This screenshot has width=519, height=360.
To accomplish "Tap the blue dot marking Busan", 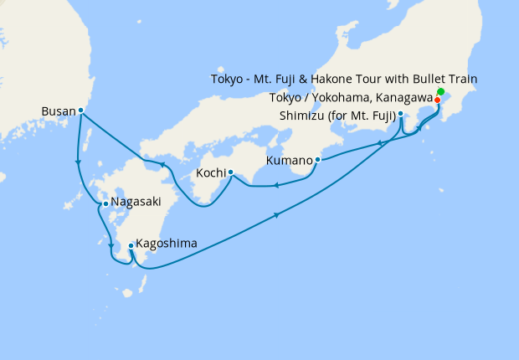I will pos(80,110).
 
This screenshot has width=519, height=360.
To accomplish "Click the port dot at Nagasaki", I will pos(105,203).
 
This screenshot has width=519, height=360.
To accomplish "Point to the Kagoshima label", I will pos(167,244).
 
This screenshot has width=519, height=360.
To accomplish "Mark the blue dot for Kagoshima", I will pos(131,246).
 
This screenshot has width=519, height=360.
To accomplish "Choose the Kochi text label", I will pos(209,173).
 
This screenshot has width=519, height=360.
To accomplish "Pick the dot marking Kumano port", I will pos(317,159).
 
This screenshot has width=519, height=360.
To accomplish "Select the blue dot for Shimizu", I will pos(401,114).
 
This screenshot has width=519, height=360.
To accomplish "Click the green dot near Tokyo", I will pos(441,90).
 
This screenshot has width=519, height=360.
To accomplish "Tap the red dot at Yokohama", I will pos(438,99).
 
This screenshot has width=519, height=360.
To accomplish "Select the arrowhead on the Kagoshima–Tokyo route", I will pos(276,217).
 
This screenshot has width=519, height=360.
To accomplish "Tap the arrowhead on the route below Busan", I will pos(78,163).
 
